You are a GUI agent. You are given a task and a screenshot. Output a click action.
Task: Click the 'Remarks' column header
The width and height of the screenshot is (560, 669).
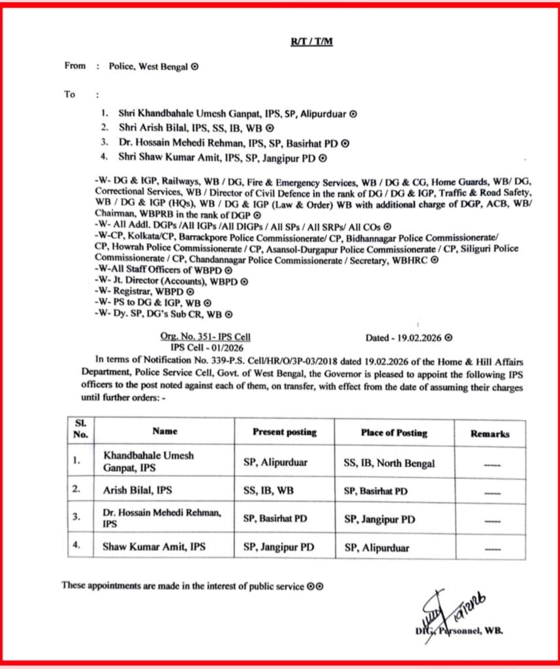[490, 433]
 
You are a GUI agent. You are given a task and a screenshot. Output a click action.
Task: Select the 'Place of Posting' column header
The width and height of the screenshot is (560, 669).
[394, 432]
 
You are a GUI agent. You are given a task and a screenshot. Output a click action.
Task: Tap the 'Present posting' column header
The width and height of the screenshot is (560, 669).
[285, 432]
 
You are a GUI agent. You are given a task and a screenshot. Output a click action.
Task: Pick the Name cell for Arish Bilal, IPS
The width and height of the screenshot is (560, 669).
[137, 489]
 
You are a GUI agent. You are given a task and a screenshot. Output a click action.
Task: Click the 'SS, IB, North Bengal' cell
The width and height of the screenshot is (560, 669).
[389, 463]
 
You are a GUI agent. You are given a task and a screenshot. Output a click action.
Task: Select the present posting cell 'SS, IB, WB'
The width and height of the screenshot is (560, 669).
[266, 489]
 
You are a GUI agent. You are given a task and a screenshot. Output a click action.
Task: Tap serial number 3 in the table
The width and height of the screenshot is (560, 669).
[77, 517]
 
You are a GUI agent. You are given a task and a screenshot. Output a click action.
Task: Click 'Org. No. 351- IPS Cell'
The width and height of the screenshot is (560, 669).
[205, 337]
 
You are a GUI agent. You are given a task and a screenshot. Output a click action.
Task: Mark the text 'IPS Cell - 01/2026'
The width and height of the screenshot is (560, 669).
[205, 347]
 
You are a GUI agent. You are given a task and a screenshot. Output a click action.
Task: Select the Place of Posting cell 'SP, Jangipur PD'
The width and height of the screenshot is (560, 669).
[379, 519]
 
